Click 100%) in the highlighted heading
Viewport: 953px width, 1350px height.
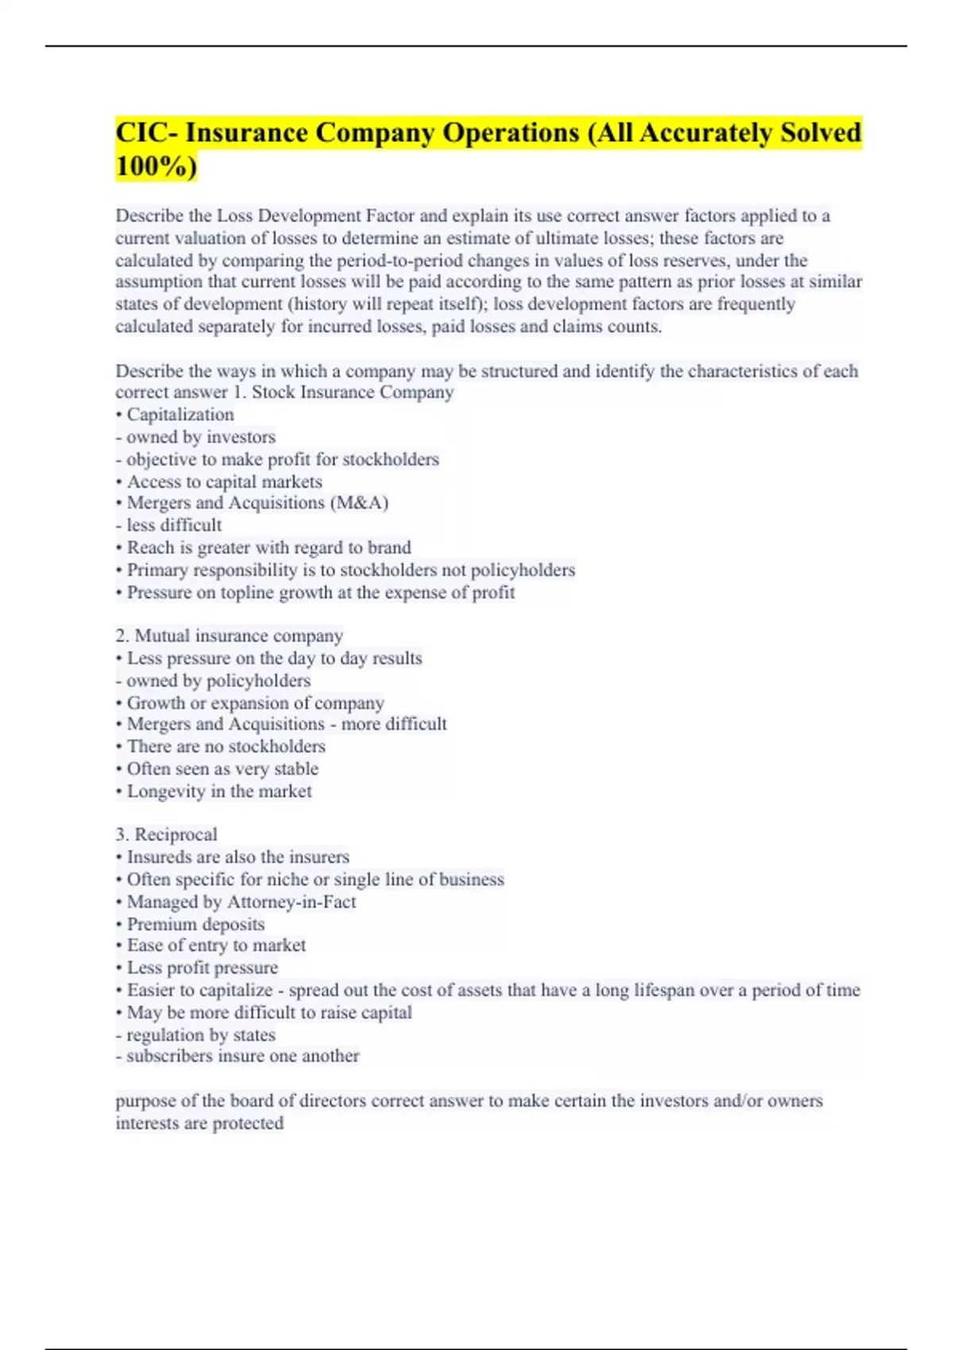[156, 167]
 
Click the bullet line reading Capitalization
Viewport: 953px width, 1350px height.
[179, 415]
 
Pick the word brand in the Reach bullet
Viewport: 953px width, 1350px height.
[389, 547]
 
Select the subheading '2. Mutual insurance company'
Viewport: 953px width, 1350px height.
[230, 635]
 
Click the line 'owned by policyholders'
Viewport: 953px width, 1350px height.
[218, 681]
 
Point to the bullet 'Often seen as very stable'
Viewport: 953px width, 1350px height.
[222, 769]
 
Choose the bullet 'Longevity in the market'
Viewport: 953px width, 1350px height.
[218, 791]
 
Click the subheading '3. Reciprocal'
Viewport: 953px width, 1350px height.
[166, 835]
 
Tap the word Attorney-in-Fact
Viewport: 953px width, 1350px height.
[291, 902]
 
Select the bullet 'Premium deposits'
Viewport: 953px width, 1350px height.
[195, 924]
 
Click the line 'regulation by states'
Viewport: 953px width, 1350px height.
[200, 1035]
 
